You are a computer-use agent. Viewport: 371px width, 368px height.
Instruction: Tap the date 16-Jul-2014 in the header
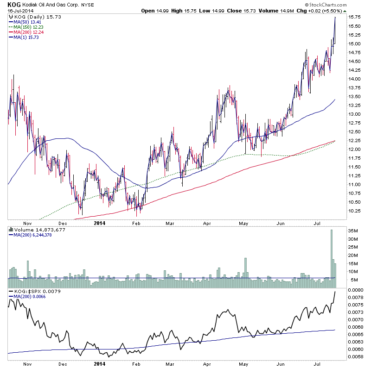pos(19,11)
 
